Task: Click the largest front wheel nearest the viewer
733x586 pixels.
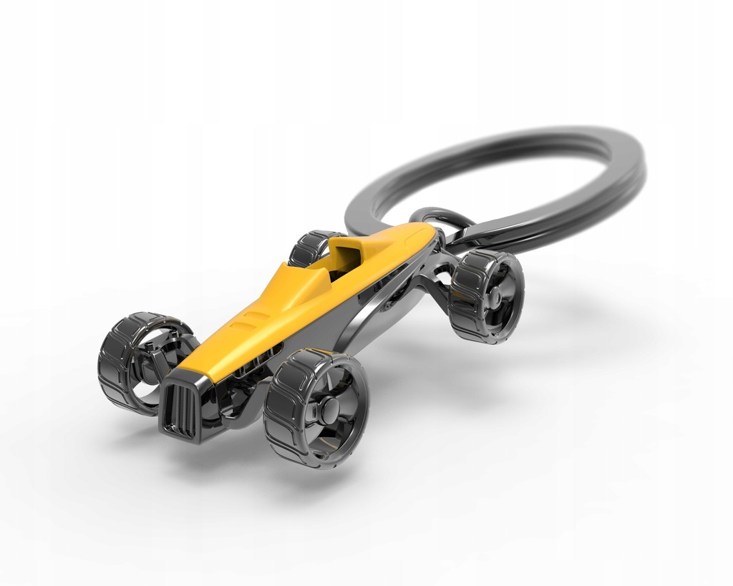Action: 316,409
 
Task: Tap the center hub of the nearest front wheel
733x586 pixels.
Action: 329,410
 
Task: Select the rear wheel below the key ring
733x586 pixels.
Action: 486,296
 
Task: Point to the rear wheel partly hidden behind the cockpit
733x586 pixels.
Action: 311,247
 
